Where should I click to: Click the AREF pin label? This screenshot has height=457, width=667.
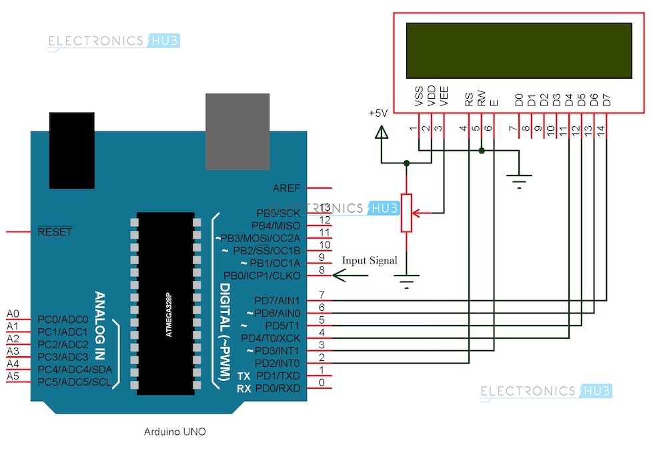[287, 189]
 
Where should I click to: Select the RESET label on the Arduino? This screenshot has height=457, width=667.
[55, 232]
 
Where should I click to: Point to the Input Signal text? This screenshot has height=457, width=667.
[369, 260]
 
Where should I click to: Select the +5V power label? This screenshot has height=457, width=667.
[378, 113]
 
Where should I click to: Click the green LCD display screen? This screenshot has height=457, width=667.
[518, 51]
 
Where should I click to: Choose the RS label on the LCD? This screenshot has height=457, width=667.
[469, 100]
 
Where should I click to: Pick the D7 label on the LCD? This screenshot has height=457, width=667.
[606, 100]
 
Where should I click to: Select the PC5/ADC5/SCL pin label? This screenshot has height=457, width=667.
[75, 382]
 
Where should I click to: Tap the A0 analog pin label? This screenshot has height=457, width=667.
[13, 314]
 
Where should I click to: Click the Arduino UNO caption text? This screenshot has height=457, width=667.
[175, 432]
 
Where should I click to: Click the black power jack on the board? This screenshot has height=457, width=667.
[71, 151]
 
